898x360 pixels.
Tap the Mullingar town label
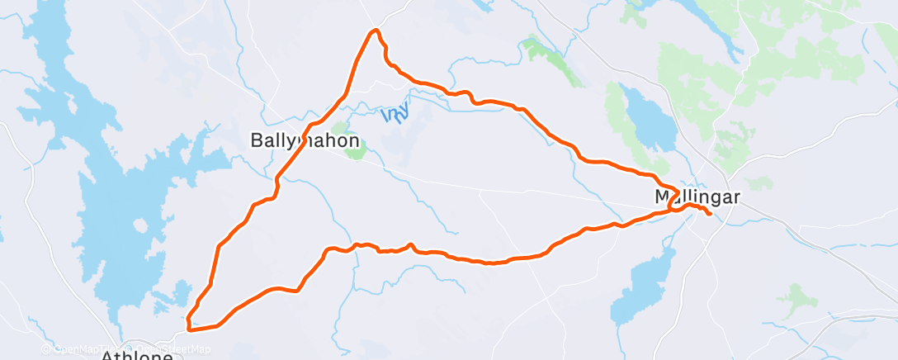pos(697,197)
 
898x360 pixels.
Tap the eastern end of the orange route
pos(709,216)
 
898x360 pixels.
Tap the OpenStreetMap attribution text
pos(169,349)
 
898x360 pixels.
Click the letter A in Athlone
pos(108,356)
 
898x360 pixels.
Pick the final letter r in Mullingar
pos(736,197)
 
